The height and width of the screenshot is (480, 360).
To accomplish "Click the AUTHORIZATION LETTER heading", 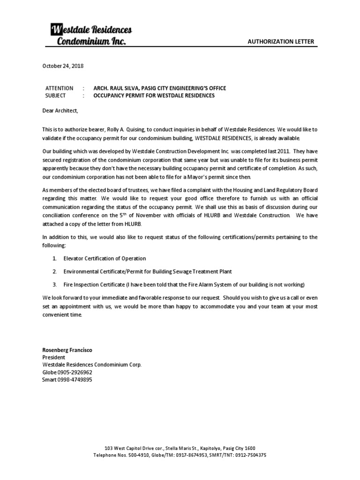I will pyautogui.click(x=281, y=42).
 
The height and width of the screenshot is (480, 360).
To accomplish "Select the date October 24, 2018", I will pyautogui.click(x=63, y=66).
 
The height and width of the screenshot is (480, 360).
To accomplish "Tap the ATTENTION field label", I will pyautogui.click(x=59, y=88).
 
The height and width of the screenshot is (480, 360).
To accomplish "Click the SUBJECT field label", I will pyautogui.click(x=56, y=96).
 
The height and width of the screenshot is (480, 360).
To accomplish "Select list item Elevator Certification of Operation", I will pyautogui.click(x=105, y=258).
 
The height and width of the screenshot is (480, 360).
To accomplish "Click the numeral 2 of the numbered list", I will pyautogui.click(x=54, y=271).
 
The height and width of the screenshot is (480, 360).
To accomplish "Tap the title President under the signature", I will pyautogui.click(x=54, y=357).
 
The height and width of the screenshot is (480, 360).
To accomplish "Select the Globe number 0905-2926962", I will pyautogui.click(x=75, y=372).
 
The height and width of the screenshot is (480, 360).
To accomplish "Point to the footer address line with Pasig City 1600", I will pyautogui.click(x=180, y=448).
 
